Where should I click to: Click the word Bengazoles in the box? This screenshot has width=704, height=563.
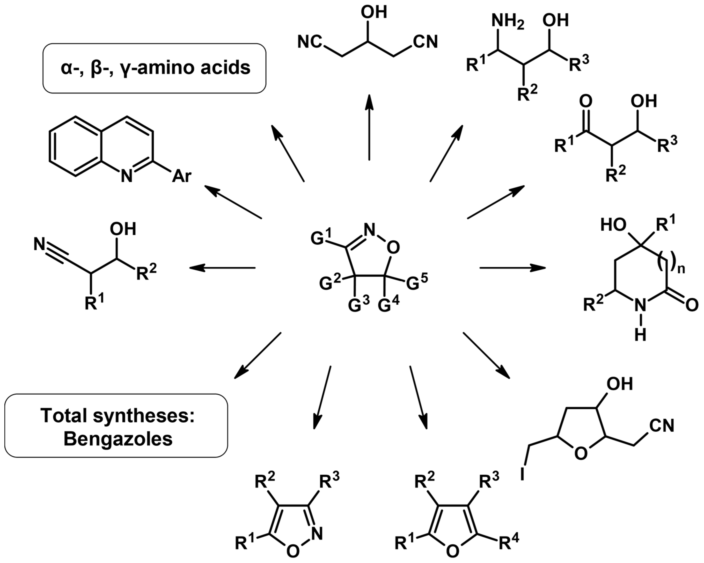tap(118, 439)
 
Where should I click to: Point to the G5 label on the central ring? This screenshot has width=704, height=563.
tap(417, 283)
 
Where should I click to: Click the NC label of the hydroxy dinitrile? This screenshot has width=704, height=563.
tap(309, 43)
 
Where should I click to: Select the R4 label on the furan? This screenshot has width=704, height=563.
tap(508, 542)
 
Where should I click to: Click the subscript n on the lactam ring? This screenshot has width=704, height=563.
tap(681, 270)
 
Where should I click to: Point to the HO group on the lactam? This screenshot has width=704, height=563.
tap(613, 225)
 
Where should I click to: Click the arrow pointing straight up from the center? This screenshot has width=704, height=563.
tap(369, 127)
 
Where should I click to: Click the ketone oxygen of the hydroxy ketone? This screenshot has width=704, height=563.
tap(586, 101)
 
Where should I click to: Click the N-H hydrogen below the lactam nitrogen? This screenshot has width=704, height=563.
tap(640, 335)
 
